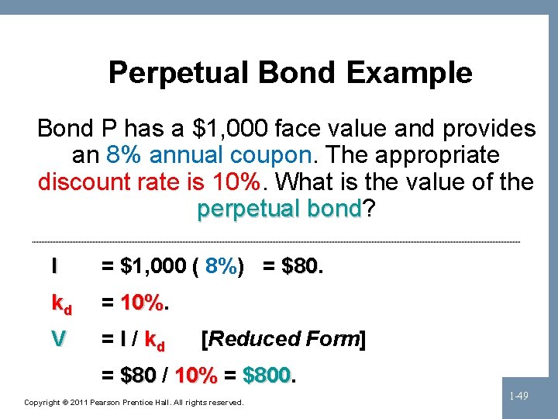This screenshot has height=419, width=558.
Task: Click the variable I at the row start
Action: (54, 267)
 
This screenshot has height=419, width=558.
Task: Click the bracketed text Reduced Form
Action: (283, 339)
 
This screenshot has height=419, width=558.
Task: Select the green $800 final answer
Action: (266, 376)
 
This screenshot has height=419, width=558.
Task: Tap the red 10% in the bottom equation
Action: (196, 376)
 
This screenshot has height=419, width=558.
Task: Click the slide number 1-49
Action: (519, 396)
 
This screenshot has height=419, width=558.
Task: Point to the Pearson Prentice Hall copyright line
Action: (134, 403)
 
